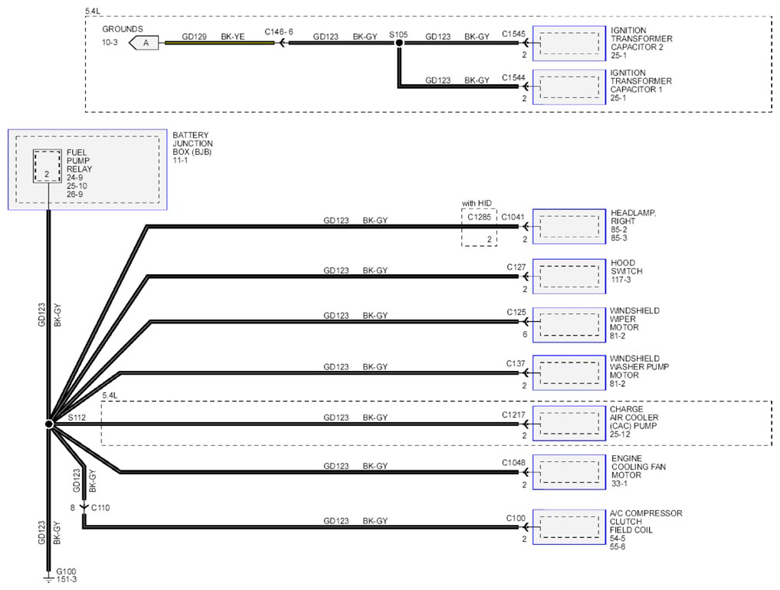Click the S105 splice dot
coord(399,43)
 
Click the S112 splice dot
coord(49,424)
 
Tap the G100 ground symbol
coord(48,579)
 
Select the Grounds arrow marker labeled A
coord(144,43)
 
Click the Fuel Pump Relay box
coord(48,166)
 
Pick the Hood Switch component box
coord(569,276)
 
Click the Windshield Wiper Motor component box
coord(569,325)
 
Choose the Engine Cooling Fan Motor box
coord(569,472)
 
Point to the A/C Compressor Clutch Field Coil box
coord(569,527)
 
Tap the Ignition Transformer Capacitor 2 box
coord(569,43)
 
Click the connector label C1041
coord(513,217)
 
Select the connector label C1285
coord(479,217)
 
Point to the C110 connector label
coord(100,508)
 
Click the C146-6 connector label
coord(279,32)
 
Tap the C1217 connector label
coord(513,415)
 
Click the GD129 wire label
coord(194,36)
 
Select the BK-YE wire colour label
coord(233,36)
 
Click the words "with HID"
coord(477,203)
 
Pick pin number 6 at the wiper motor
coord(525,334)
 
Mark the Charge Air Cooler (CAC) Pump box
coord(569,424)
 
